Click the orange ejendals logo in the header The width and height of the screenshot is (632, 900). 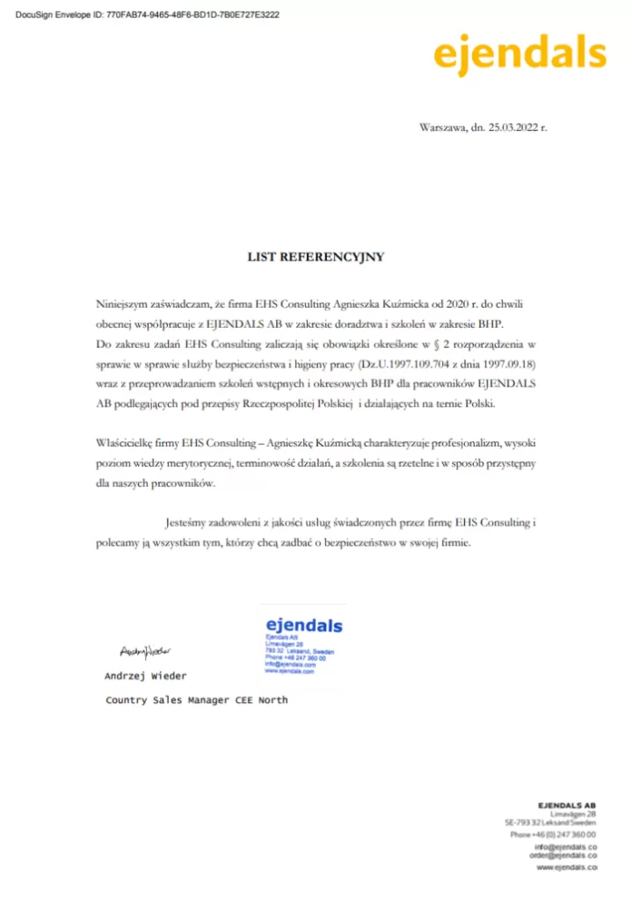(519, 54)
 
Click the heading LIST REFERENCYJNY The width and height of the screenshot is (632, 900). (316, 258)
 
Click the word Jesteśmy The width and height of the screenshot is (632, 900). (188, 523)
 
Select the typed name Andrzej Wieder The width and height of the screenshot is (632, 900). (145, 676)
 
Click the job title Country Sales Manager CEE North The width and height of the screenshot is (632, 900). (197, 700)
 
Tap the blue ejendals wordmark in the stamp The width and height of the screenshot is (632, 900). (303, 626)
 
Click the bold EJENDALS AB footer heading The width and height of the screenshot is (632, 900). (567, 805)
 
